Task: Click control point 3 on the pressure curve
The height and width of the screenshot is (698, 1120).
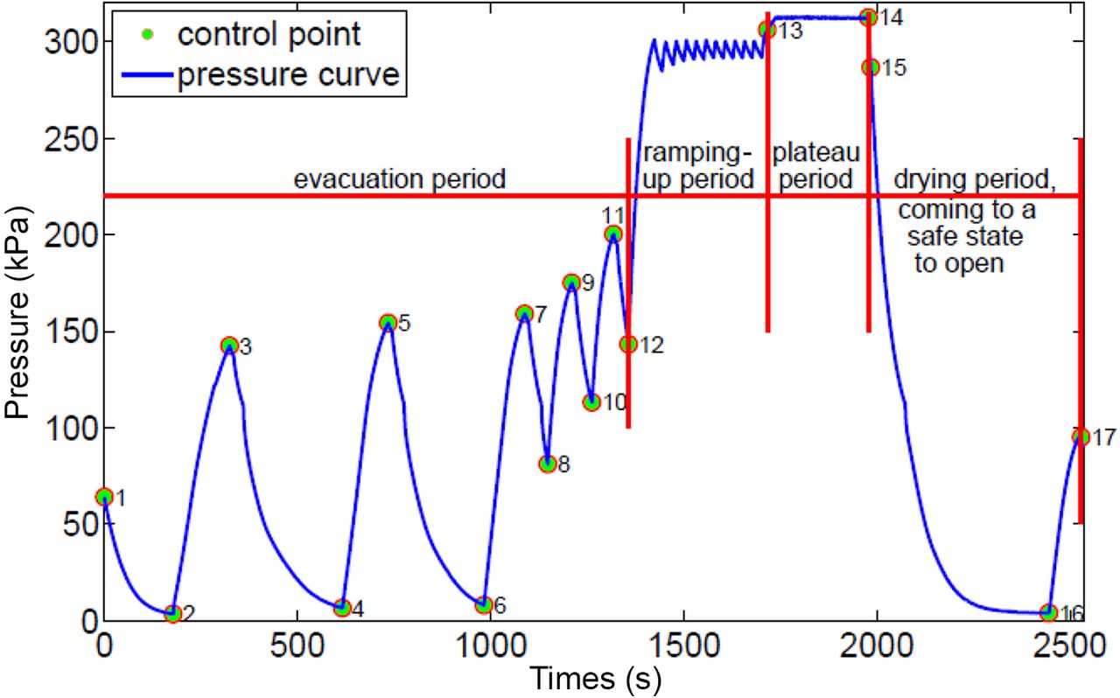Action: pos(229,345)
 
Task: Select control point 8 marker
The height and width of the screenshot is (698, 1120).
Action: pos(548,464)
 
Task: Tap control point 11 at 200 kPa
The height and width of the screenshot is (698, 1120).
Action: pos(613,234)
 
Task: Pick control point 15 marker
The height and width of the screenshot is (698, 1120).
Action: pos(871,67)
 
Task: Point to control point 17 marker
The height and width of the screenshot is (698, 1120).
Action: pos(1081,437)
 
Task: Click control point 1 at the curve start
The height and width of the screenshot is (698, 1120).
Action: pos(104,497)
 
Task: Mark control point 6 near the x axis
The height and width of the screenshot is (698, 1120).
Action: pos(484,604)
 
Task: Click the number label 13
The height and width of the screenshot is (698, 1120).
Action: pos(791,31)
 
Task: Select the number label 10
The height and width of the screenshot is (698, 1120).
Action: pos(614,402)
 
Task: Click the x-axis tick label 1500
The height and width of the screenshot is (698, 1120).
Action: pos(682,646)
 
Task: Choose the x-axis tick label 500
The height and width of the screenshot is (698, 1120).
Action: pos(297,646)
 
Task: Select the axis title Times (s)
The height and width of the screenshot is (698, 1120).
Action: pos(595,680)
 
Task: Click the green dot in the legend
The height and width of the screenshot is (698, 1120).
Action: pos(148,34)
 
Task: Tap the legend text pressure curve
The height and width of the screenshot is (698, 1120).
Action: pos(289,74)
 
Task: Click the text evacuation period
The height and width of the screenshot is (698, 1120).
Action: pos(400,179)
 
